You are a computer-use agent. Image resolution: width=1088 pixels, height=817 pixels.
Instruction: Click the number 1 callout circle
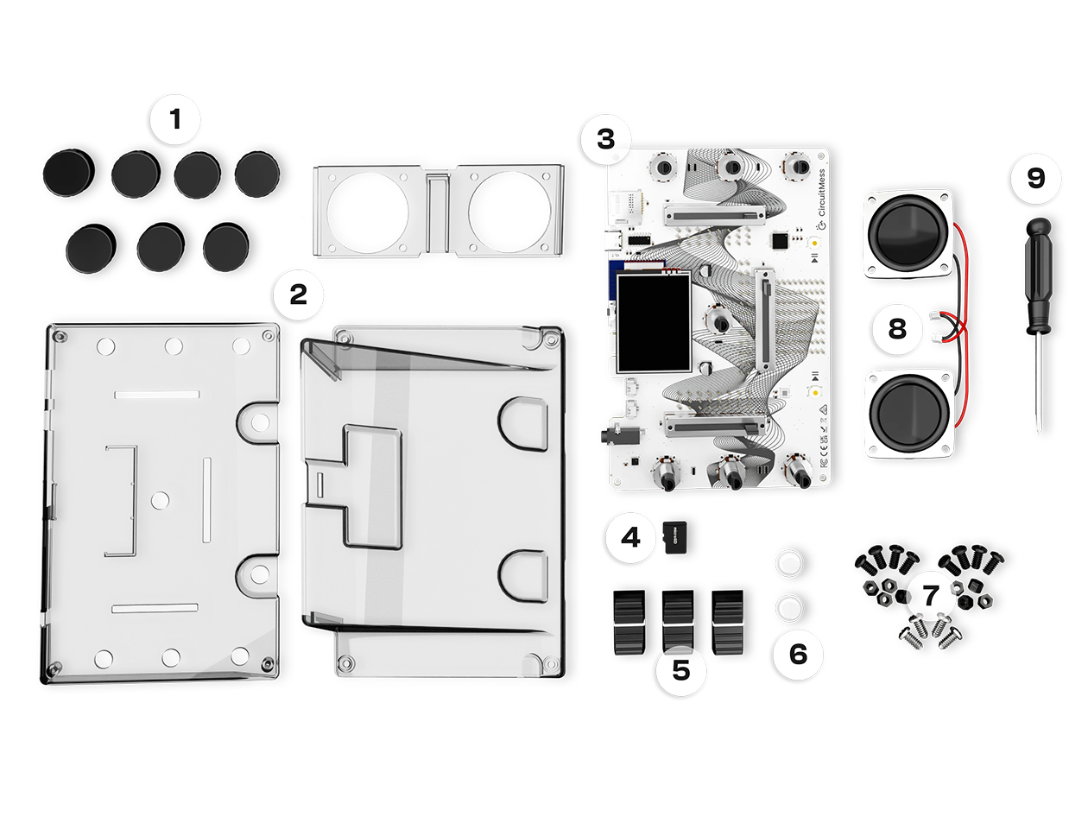click(175, 119)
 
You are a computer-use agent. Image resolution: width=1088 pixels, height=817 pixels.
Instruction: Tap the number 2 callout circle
click(298, 295)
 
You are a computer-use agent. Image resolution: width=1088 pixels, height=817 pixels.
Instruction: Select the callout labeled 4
click(630, 538)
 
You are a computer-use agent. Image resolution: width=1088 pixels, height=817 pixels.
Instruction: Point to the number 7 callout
click(930, 595)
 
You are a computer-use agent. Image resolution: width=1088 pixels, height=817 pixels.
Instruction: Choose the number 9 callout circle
click(1035, 179)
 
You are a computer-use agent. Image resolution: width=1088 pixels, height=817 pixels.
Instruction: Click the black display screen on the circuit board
click(653, 322)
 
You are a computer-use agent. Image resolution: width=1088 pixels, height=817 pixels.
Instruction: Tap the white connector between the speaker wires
click(936, 326)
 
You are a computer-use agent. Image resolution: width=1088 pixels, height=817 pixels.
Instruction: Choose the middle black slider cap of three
click(678, 620)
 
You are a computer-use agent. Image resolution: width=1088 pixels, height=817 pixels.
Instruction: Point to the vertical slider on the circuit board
click(763, 317)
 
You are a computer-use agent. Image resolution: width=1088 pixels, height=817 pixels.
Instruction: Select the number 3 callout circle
click(606, 138)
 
